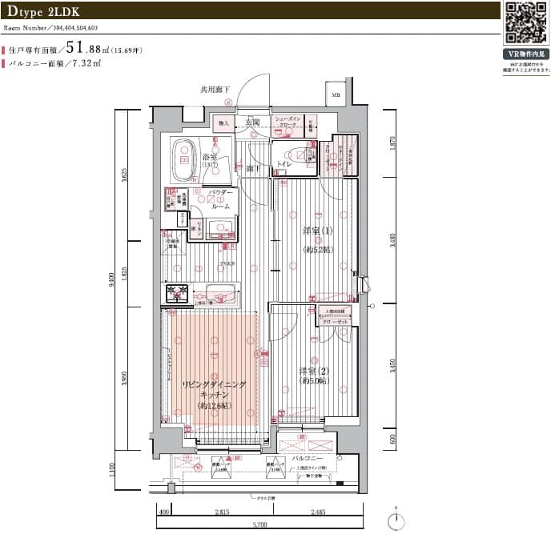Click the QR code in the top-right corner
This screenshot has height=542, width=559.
(x=526, y=23)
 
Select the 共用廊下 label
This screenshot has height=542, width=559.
(x=215, y=90)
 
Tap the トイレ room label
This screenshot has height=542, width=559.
(x=284, y=163)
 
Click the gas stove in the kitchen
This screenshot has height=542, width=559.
(x=176, y=294)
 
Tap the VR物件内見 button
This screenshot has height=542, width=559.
(x=525, y=55)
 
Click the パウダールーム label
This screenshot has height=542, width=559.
(x=220, y=199)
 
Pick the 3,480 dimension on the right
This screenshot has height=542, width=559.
(x=392, y=241)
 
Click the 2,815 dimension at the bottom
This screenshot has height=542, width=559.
(x=222, y=512)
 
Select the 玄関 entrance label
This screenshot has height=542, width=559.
(x=251, y=122)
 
